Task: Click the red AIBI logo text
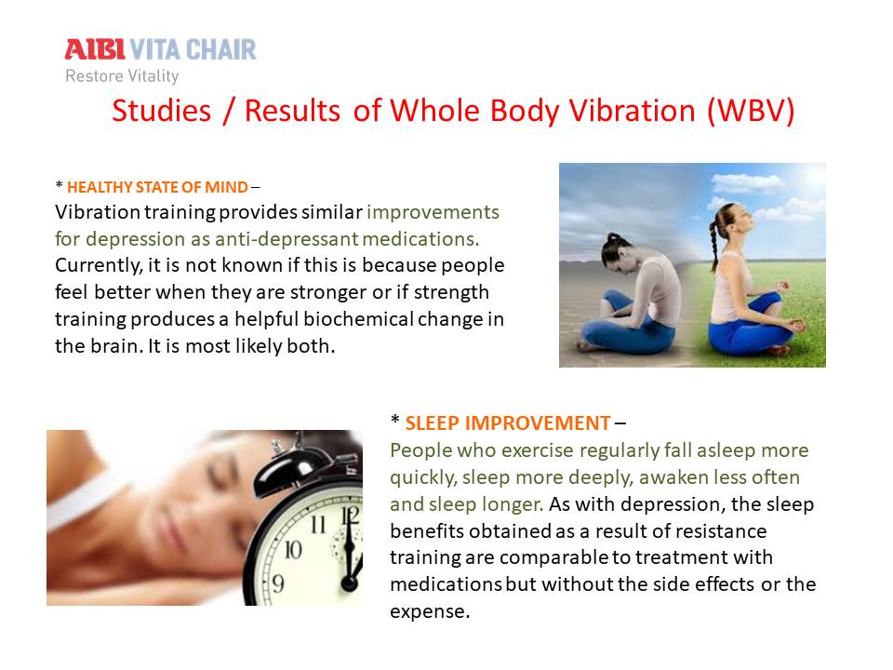(95, 49)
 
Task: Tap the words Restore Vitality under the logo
(122, 75)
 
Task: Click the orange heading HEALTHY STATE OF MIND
(157, 187)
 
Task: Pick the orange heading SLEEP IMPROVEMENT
(508, 423)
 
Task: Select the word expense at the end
(430, 612)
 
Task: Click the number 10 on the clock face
(293, 550)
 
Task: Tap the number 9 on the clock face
(277, 583)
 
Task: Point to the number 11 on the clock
(318, 524)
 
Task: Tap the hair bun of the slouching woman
(612, 237)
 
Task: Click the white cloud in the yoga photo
(748, 182)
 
